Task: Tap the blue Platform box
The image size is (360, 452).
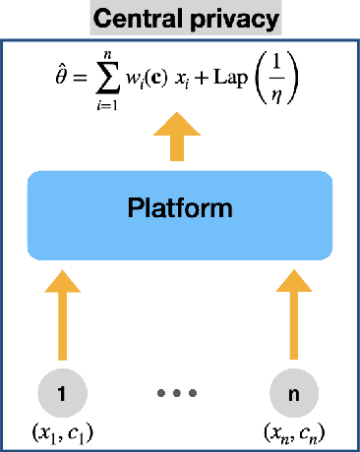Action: tap(181, 208)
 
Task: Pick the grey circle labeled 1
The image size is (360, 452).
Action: tap(64, 394)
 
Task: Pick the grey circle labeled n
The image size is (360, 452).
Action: tap(296, 394)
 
